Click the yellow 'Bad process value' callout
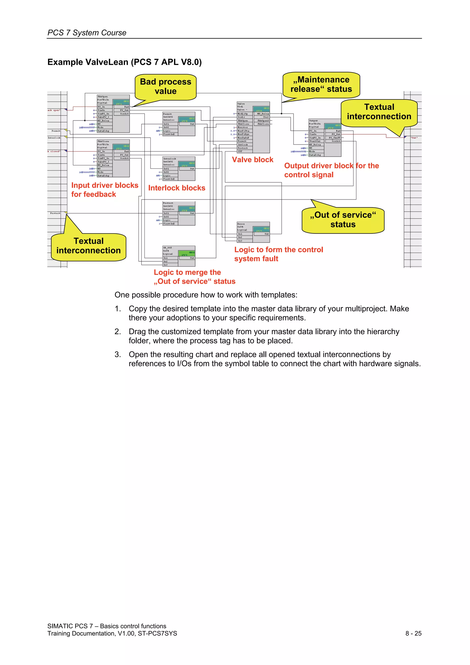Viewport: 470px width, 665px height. (x=165, y=87)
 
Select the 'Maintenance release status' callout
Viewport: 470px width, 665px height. (x=321, y=84)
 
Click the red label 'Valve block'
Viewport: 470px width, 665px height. (x=252, y=160)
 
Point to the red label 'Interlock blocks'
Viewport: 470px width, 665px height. (x=177, y=188)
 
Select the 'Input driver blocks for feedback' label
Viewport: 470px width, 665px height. (x=105, y=190)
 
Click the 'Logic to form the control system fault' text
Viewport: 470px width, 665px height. (x=278, y=254)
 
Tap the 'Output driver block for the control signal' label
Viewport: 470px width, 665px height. (x=331, y=170)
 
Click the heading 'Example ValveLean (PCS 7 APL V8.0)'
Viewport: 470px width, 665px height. (x=125, y=62)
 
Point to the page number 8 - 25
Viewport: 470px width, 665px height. (x=413, y=633)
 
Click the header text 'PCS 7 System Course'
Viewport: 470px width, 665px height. (x=87, y=33)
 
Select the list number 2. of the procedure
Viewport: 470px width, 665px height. (x=117, y=332)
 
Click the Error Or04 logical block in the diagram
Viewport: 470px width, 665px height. (x=253, y=232)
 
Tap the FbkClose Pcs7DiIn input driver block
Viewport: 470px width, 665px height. (x=113, y=158)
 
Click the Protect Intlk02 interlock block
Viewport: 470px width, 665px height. (x=179, y=213)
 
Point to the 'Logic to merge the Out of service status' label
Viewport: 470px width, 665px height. (x=194, y=277)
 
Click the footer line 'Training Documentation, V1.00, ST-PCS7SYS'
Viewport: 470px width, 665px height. (x=112, y=633)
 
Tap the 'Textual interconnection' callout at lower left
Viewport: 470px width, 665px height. (x=89, y=246)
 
